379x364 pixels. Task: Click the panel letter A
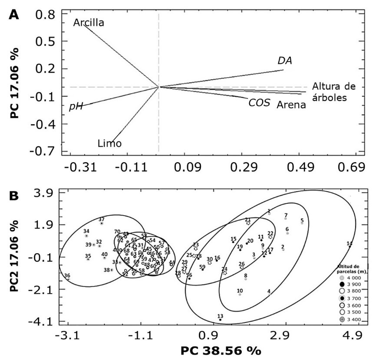(x=14, y=14)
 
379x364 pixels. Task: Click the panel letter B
(x=14, y=196)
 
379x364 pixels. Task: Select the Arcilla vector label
(x=89, y=22)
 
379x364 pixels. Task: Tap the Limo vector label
(x=109, y=144)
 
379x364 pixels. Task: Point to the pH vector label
(x=76, y=107)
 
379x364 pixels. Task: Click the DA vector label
(x=285, y=61)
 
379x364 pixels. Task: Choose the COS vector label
(x=260, y=103)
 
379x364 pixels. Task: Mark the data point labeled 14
(x=350, y=246)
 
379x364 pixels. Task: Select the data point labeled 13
(x=220, y=320)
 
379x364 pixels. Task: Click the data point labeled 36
(x=68, y=279)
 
